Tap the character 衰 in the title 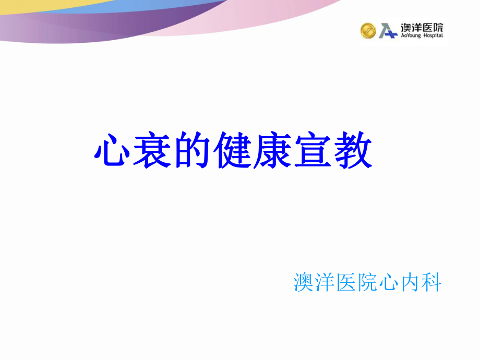click(x=152, y=150)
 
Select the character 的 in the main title click(x=192, y=150)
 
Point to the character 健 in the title click(x=232, y=150)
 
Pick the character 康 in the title click(x=272, y=150)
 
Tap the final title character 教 click(x=353, y=150)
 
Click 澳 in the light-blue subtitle click(x=304, y=282)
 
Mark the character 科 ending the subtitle click(x=431, y=282)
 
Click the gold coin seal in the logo click(x=368, y=31)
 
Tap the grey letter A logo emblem click(x=386, y=31)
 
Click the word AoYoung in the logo click(x=411, y=36)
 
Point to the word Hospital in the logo click(x=433, y=35)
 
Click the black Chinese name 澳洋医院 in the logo click(x=422, y=28)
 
